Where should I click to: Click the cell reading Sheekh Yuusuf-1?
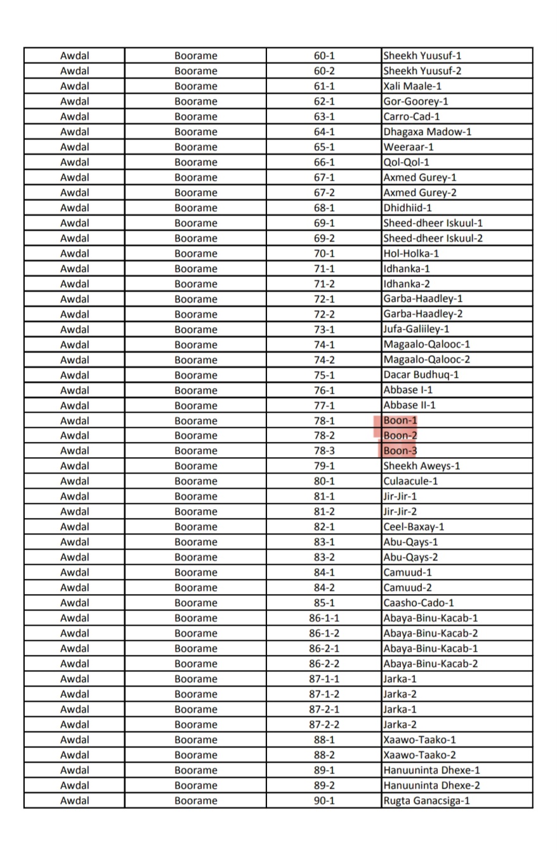[423, 56]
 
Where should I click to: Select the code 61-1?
[324, 86]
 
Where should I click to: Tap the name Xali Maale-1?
[412, 86]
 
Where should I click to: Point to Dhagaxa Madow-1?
[427, 132]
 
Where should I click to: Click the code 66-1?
[324, 162]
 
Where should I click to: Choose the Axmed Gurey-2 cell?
[420, 193]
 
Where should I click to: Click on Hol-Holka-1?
[411, 254]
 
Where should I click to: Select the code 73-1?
[324, 329]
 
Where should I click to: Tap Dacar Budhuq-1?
[421, 375]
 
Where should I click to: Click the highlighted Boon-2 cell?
[400, 436]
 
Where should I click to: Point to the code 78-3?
[324, 451]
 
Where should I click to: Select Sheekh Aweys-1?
[422, 466]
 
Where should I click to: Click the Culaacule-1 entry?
[410, 481]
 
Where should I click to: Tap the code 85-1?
[324, 603]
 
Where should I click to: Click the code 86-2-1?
[324, 649]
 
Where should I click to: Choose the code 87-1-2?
[324, 694]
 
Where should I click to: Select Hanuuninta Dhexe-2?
[431, 785]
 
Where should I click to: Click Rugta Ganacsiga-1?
[426, 801]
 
